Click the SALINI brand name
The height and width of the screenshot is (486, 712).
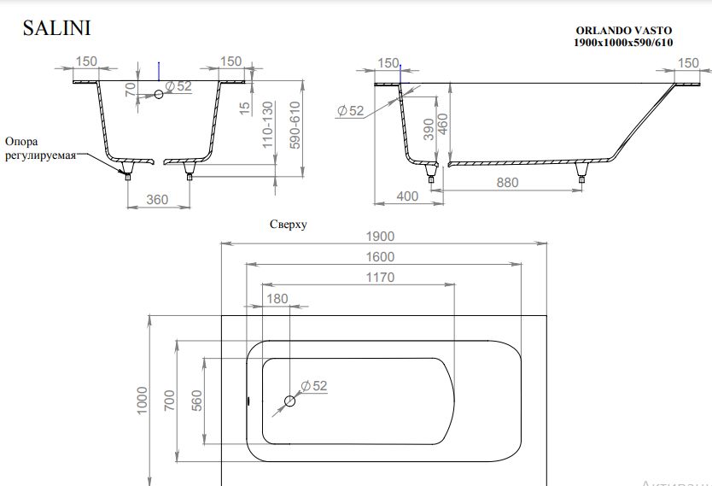(56, 28)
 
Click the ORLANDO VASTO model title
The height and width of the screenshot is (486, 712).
(623, 31)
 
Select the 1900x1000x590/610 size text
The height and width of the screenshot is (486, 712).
(623, 43)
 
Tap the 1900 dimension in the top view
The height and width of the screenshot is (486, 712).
(380, 237)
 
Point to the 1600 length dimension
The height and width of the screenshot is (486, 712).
(380, 257)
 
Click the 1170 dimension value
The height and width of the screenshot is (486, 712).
(380, 278)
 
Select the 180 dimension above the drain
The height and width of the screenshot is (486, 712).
(277, 299)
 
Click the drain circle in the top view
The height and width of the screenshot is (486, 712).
(289, 401)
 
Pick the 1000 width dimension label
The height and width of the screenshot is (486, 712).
(143, 400)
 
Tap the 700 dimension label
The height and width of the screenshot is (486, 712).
(169, 400)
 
